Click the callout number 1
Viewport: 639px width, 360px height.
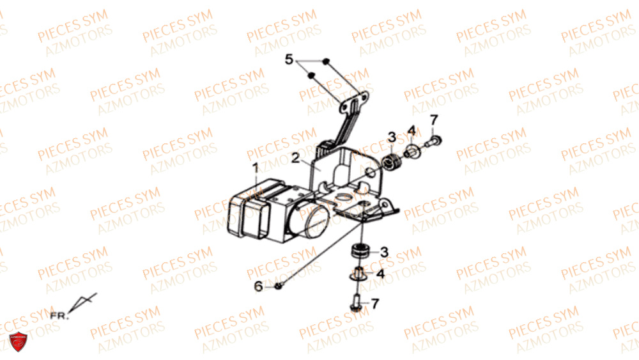[x=256, y=168]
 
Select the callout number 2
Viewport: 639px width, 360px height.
[x=296, y=158]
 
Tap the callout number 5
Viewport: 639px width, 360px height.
[x=289, y=59]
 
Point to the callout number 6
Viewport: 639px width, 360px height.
[x=258, y=286]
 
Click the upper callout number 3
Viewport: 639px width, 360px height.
[x=392, y=137]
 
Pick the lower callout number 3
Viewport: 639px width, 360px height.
[x=384, y=252]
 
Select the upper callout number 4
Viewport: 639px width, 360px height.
[x=412, y=130]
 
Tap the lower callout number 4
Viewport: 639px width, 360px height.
[x=380, y=273]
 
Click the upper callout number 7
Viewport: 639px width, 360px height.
[x=434, y=120]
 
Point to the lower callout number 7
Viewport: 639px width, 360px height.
[x=375, y=304]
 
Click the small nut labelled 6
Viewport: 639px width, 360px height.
[x=279, y=286]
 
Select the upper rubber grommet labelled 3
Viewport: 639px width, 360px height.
[x=392, y=162]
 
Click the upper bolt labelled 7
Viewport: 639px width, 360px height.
[x=434, y=142]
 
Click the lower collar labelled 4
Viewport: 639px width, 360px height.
[x=358, y=274]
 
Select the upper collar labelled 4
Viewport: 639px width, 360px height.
[x=411, y=152]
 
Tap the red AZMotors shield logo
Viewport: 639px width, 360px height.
[x=19, y=341]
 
